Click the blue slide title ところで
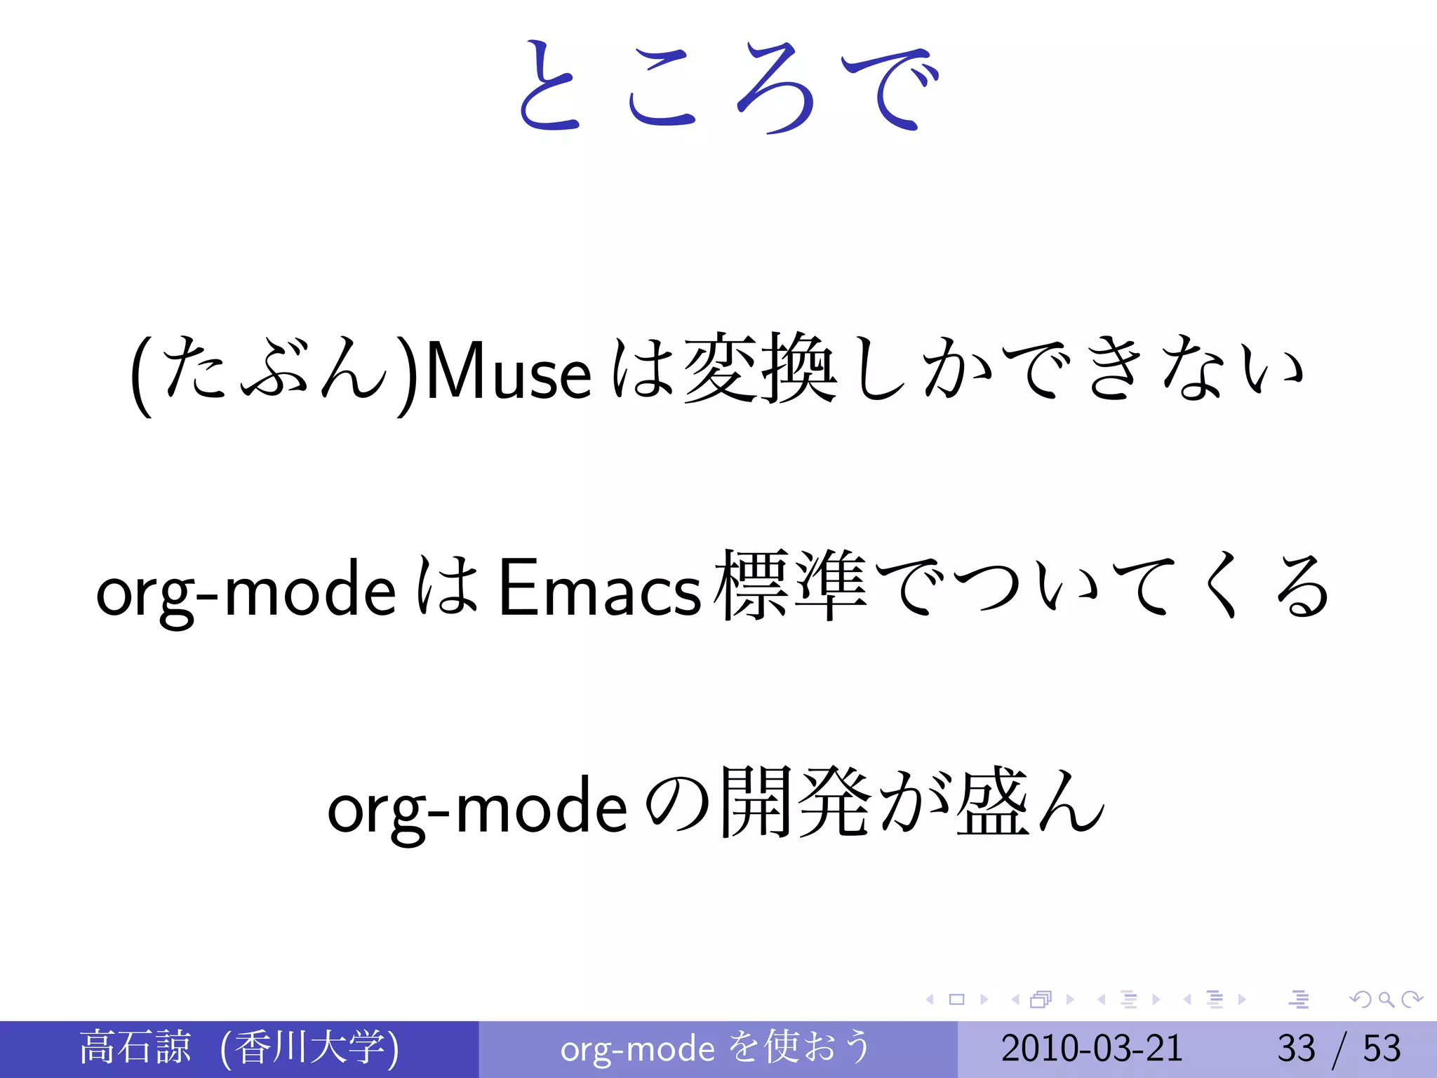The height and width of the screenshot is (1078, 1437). pyautogui.click(x=727, y=88)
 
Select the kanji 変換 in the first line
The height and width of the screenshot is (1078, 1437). pyautogui.click(x=760, y=368)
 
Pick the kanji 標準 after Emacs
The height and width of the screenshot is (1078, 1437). pyautogui.click(x=790, y=586)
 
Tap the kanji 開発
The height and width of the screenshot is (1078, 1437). pyautogui.click(x=796, y=804)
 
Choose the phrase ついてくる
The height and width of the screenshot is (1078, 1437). pyautogui.click(x=1140, y=586)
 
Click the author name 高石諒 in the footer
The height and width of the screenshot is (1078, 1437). pyautogui.click(x=135, y=1048)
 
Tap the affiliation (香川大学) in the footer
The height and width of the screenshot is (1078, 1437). pyautogui.click(x=309, y=1048)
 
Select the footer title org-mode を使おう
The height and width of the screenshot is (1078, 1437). pyautogui.click(x=716, y=1048)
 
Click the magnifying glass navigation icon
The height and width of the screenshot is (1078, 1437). pyautogui.click(x=1386, y=999)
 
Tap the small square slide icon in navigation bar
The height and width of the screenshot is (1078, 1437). pyautogui.click(x=956, y=999)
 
